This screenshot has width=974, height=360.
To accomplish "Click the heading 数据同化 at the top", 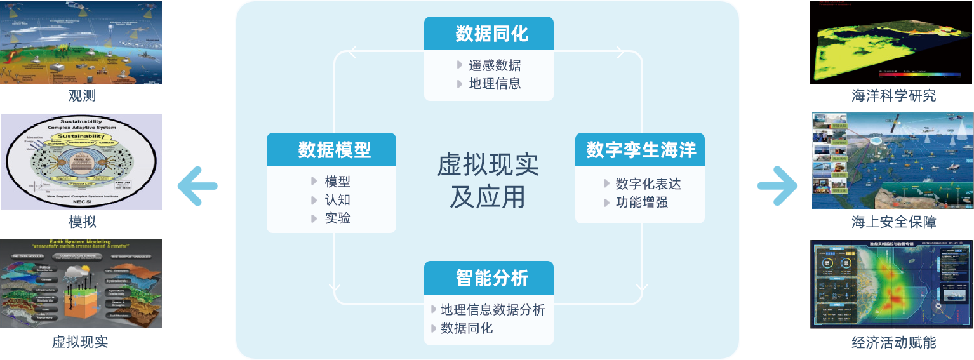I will [x=492, y=34].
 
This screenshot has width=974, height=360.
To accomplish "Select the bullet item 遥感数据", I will [x=495, y=65].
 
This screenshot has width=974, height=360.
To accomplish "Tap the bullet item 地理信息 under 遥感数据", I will [x=495, y=83].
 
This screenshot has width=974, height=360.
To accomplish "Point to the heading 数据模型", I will [x=335, y=150].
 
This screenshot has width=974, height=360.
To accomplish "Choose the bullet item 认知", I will [x=337, y=200].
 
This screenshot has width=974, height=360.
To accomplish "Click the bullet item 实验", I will [x=337, y=218].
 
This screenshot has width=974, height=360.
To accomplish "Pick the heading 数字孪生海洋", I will [x=641, y=150].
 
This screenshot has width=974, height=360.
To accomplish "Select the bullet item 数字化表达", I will [x=648, y=184].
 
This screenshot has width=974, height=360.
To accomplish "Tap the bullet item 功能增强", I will [x=641, y=203].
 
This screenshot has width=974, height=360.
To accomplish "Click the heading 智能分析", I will [x=492, y=278].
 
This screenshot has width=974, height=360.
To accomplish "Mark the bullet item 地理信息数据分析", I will [x=492, y=310].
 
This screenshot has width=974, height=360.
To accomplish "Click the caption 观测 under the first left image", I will [x=82, y=96].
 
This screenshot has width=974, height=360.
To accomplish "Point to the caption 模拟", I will [x=82, y=222].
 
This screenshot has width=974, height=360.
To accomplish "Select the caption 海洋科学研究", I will [x=893, y=96].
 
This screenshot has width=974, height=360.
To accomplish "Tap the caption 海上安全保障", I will [x=893, y=222].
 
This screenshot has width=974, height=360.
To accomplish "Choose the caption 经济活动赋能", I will [x=893, y=342].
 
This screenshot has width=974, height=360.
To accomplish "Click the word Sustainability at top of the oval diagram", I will [x=82, y=121].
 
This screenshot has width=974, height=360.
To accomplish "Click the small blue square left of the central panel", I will [x=197, y=186].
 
